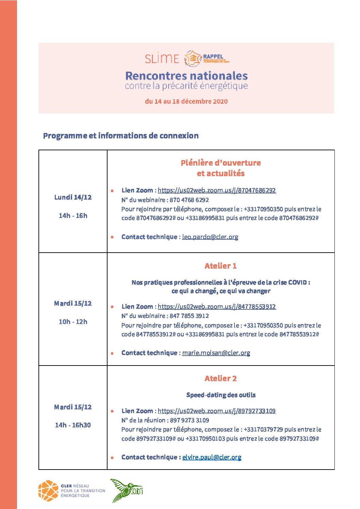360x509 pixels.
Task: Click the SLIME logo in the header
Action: (162, 58)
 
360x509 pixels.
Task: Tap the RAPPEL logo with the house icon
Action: (207, 58)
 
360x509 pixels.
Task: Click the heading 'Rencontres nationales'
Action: (186, 75)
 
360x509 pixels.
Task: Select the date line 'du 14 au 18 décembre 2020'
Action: (186, 101)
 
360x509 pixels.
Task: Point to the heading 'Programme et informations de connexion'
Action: (121, 136)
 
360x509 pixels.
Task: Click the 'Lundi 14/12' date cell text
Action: (73, 197)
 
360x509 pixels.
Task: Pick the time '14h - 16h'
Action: (73, 216)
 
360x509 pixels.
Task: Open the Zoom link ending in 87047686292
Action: (217, 190)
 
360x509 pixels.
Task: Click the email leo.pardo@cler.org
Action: (210, 237)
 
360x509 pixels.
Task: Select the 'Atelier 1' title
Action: (220, 266)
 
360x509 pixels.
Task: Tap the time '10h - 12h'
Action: (73, 322)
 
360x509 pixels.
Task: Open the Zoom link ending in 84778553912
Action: (217, 307)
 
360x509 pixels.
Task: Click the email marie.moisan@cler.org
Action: (216, 353)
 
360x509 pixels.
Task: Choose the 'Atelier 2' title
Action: (220, 378)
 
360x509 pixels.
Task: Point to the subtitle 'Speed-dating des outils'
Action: (221, 395)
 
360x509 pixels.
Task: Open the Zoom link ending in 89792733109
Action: (217, 411)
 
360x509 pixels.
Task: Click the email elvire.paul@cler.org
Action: (212, 457)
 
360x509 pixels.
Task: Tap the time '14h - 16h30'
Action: (73, 425)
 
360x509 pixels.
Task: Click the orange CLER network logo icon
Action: (48, 491)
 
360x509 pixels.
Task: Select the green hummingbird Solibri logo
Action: (126, 490)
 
